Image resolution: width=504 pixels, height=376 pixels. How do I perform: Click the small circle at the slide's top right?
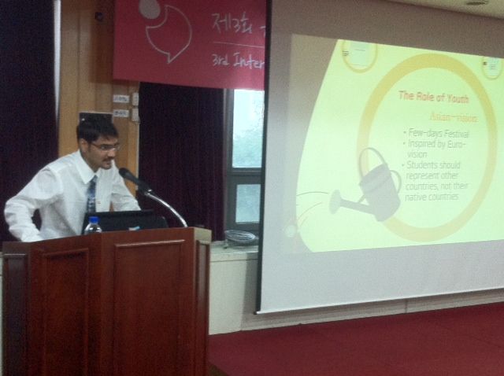(492, 66)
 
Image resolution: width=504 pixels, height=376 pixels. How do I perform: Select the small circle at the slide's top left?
(359, 54)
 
